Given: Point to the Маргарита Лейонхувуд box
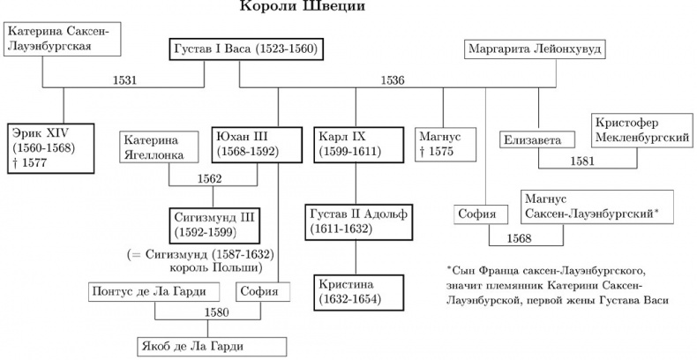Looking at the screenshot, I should (x=535, y=49).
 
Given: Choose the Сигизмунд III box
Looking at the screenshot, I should (x=215, y=225).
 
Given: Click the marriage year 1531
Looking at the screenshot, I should (x=125, y=80).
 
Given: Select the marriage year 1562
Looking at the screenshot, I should (x=210, y=179).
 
